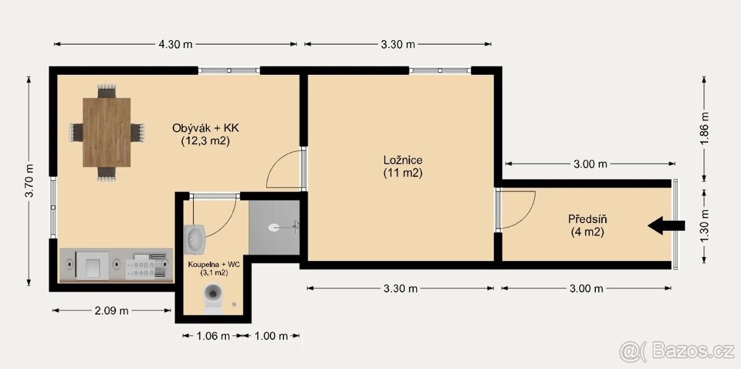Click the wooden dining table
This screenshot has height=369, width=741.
pyautogui.click(x=106, y=132)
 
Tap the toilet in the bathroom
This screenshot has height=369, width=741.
pyautogui.click(x=212, y=298)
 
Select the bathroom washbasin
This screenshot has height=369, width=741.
pyautogui.click(x=195, y=239)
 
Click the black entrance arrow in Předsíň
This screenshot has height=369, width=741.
pyautogui.click(x=666, y=226)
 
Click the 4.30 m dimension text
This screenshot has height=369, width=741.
pyautogui.click(x=175, y=44)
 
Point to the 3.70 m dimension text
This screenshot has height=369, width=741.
pyautogui.click(x=29, y=181)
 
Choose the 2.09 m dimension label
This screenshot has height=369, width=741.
pyautogui.click(x=112, y=311)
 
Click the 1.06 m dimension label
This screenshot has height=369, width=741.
pyautogui.click(x=213, y=336)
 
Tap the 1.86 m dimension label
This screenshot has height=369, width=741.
pyautogui.click(x=705, y=129)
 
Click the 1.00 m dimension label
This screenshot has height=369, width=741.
pyautogui.click(x=271, y=336)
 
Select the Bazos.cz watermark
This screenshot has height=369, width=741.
pyautogui.click(x=677, y=351)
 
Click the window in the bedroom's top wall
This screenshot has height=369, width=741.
pyautogui.click(x=440, y=70)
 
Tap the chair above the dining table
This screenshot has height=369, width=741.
pyautogui.click(x=106, y=91)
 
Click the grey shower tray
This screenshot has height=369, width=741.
pyautogui.click(x=274, y=227)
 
